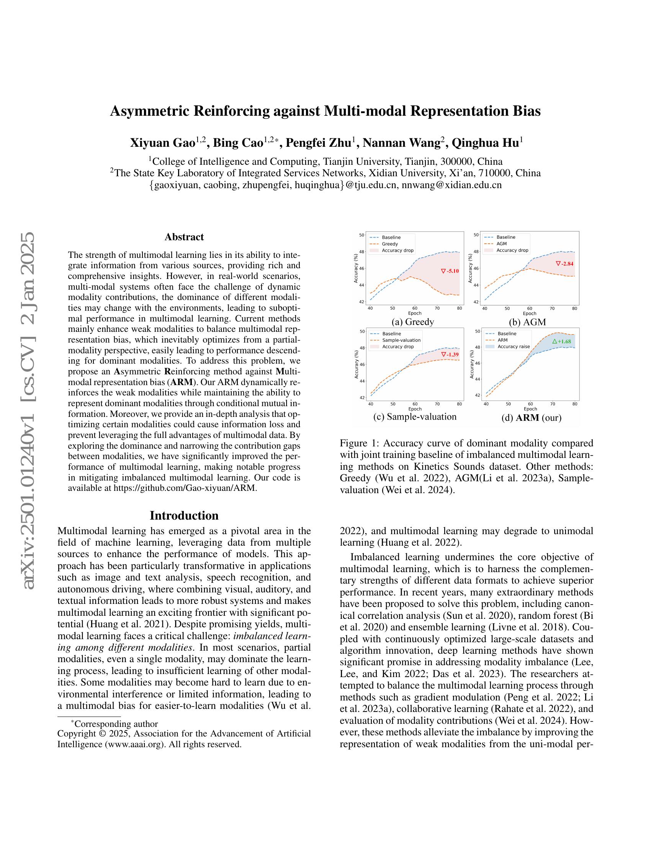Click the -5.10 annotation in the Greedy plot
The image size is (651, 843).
(450, 271)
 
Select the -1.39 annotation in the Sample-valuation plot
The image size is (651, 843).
(450, 354)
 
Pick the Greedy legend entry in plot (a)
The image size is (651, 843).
(390, 244)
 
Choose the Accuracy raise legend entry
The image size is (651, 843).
(513, 347)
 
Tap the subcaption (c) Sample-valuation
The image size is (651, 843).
(415, 417)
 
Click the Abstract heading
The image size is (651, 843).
(184, 237)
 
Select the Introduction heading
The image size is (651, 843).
(184, 516)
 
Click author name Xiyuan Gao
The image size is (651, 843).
(162, 143)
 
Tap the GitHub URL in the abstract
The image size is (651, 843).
(185, 488)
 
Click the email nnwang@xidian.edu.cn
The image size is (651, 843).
(451, 185)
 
